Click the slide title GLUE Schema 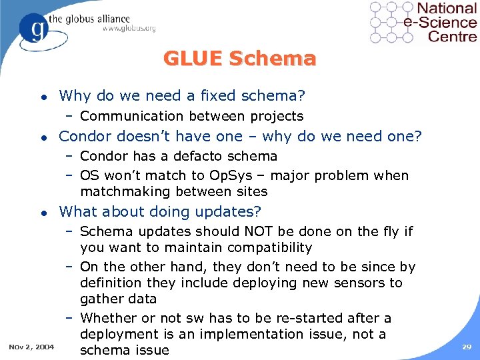click(239, 59)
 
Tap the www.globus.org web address click(129, 29)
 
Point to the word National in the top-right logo click(447, 9)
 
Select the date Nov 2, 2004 click(31, 347)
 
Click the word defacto click(199, 156)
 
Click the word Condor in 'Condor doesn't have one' click(85, 137)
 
